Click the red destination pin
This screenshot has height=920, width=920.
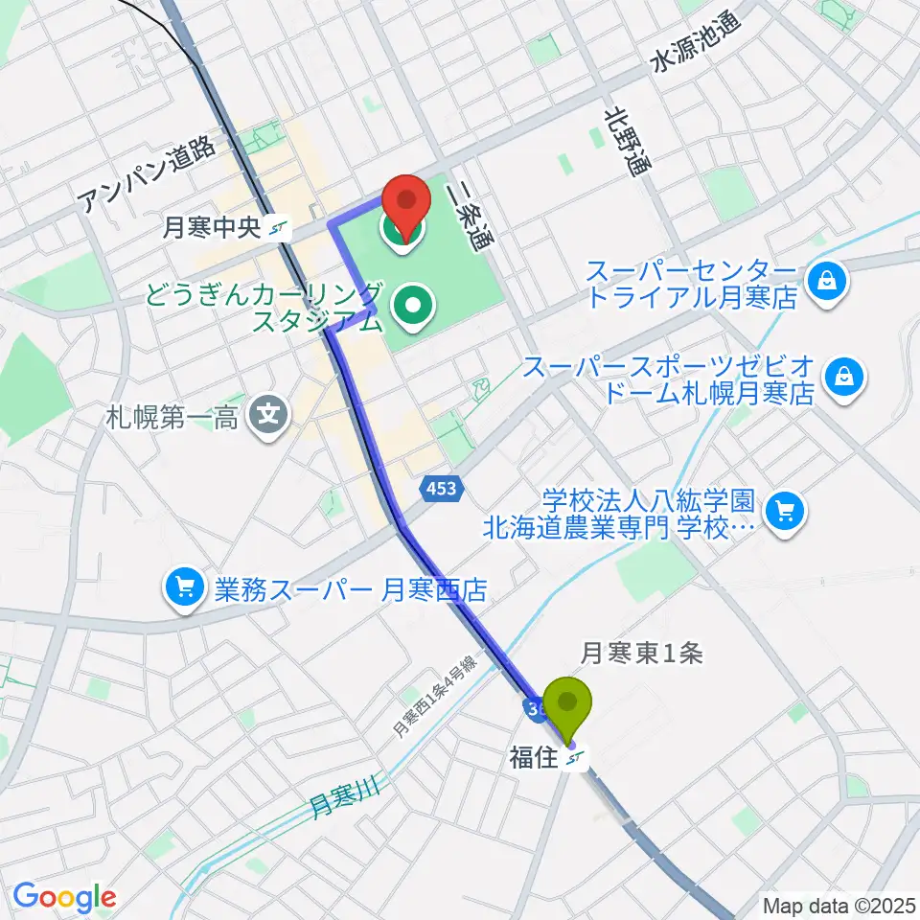tap(405, 203)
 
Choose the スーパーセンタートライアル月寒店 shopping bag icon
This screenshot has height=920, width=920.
tap(823, 282)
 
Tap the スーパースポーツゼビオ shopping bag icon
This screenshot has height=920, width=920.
tap(847, 377)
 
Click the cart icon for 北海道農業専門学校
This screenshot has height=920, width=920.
tap(786, 513)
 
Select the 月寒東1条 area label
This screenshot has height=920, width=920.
tap(642, 653)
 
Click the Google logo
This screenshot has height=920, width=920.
tap(64, 898)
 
